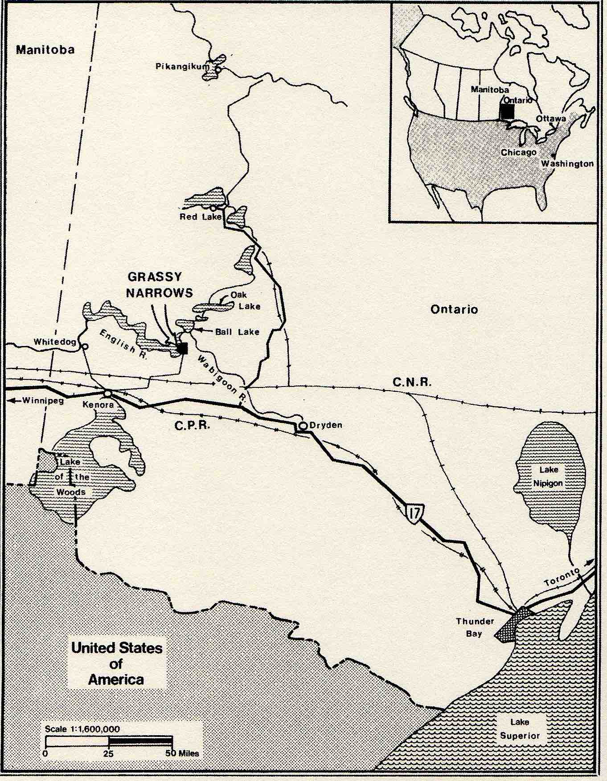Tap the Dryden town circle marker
click(303, 426)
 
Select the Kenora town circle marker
click(107, 394)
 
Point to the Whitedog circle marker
click(84, 346)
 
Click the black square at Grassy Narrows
click(182, 348)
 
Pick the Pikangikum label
click(182, 66)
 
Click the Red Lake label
click(200, 217)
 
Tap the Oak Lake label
click(245, 301)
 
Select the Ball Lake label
click(237, 332)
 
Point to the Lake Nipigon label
click(548, 476)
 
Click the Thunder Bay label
click(475, 627)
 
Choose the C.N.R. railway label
click(412, 382)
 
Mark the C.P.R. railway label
click(192, 426)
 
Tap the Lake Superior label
click(520, 728)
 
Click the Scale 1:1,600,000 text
click(82, 729)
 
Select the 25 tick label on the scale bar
click(108, 754)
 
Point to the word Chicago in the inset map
click(518, 152)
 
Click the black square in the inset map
click(507, 111)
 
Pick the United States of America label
click(116, 663)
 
